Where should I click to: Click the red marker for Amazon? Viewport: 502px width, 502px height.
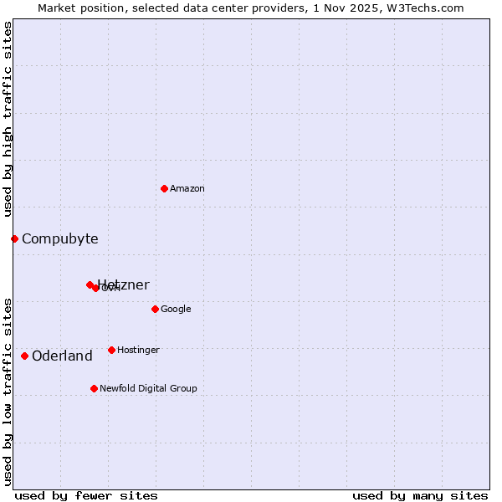click(x=164, y=188)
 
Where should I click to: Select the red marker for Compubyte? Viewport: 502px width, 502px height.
click(x=14, y=238)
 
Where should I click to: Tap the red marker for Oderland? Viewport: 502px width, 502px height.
click(x=24, y=356)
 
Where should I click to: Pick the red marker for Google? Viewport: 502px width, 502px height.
click(x=155, y=309)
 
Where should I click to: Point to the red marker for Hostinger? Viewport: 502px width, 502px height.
click(x=111, y=350)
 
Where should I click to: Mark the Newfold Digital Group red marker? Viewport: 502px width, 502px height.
click(x=94, y=388)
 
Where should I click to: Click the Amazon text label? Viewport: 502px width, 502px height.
click(x=187, y=189)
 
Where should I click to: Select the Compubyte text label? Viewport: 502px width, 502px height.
click(x=60, y=239)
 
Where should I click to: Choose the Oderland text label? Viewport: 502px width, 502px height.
click(x=63, y=356)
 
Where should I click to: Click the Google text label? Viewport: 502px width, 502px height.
click(x=176, y=310)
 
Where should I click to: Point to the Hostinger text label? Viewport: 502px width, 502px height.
click(x=138, y=351)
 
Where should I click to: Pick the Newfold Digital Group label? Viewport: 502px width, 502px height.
click(x=149, y=389)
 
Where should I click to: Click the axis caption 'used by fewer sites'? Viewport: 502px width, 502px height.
click(x=86, y=495)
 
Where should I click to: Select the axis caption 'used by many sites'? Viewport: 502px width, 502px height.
click(x=420, y=495)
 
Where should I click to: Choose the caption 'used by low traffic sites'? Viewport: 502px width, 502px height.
click(x=8, y=392)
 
